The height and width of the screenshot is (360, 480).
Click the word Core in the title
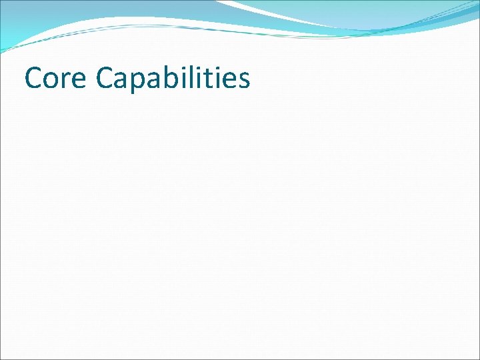coord(55,79)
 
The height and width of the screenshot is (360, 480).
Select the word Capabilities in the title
coord(173,79)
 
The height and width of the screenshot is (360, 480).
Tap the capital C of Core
coord(33,79)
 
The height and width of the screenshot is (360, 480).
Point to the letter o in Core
coord(52,81)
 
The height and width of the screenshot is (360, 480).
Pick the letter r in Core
coord(65,81)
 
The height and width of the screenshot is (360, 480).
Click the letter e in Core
coord(77,81)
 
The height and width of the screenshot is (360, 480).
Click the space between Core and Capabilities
coord(91,80)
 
